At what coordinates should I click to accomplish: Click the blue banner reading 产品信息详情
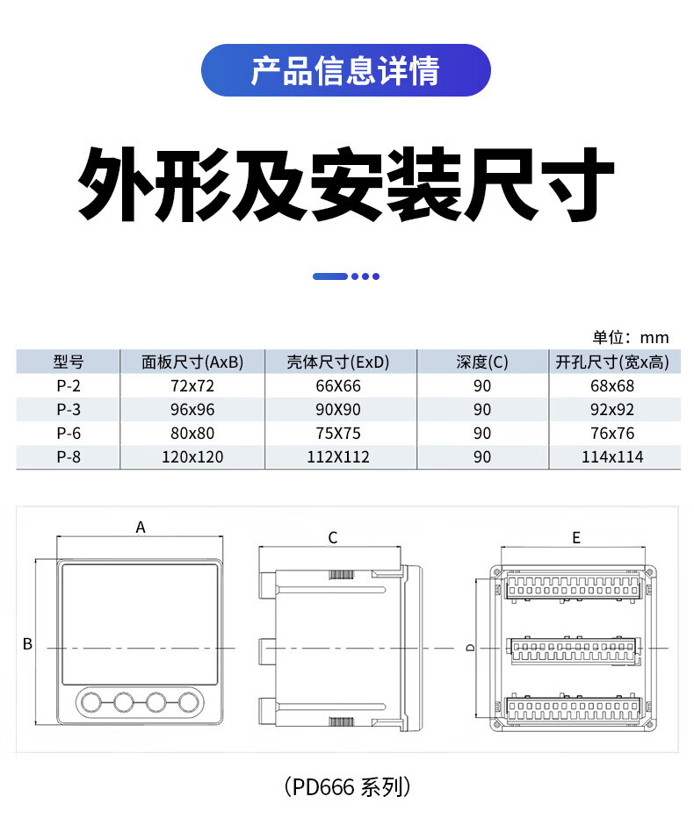pyautogui.click(x=345, y=70)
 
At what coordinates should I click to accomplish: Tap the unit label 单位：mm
pyautogui.click(x=630, y=338)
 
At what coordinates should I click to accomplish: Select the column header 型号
pyautogui.click(x=68, y=362)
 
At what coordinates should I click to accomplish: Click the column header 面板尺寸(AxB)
pyautogui.click(x=192, y=362)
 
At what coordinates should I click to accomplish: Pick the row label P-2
pyautogui.click(x=68, y=385)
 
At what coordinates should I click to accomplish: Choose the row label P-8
pyautogui.click(x=68, y=456)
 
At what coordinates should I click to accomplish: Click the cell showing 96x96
pyautogui.click(x=192, y=409)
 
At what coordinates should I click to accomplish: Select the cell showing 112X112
pyautogui.click(x=339, y=456)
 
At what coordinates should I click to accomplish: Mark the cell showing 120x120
pyautogui.click(x=192, y=456)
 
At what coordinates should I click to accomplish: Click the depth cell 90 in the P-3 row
pyautogui.click(x=482, y=409)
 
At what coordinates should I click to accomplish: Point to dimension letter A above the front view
pyautogui.click(x=140, y=527)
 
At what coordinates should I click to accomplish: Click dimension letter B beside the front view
pyautogui.click(x=27, y=644)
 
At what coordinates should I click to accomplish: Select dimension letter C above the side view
pyautogui.click(x=333, y=538)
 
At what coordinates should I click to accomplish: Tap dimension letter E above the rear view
pyautogui.click(x=576, y=538)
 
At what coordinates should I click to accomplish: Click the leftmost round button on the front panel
pyautogui.click(x=90, y=700)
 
